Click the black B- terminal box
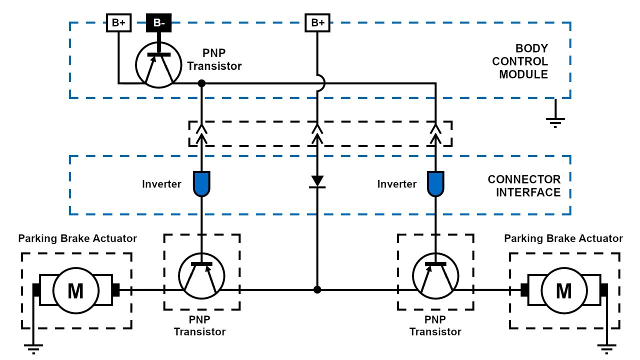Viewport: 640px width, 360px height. pyautogui.click(x=158, y=22)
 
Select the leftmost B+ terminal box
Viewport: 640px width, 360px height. pyautogui.click(x=118, y=22)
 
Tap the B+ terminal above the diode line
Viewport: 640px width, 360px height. pyautogui.click(x=317, y=22)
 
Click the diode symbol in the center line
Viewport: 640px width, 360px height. pyautogui.click(x=317, y=181)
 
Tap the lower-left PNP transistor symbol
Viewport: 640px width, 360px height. pyautogui.click(x=201, y=275)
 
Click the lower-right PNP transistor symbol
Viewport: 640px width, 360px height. pyautogui.click(x=435, y=275)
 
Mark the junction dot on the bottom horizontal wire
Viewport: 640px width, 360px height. pyautogui.click(x=317, y=289)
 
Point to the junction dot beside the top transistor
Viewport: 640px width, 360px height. pyautogui.click(x=201, y=83)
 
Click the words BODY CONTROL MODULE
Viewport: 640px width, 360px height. pyautogui.click(x=520, y=61)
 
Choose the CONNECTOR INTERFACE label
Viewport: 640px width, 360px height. pyautogui.click(x=524, y=185)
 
